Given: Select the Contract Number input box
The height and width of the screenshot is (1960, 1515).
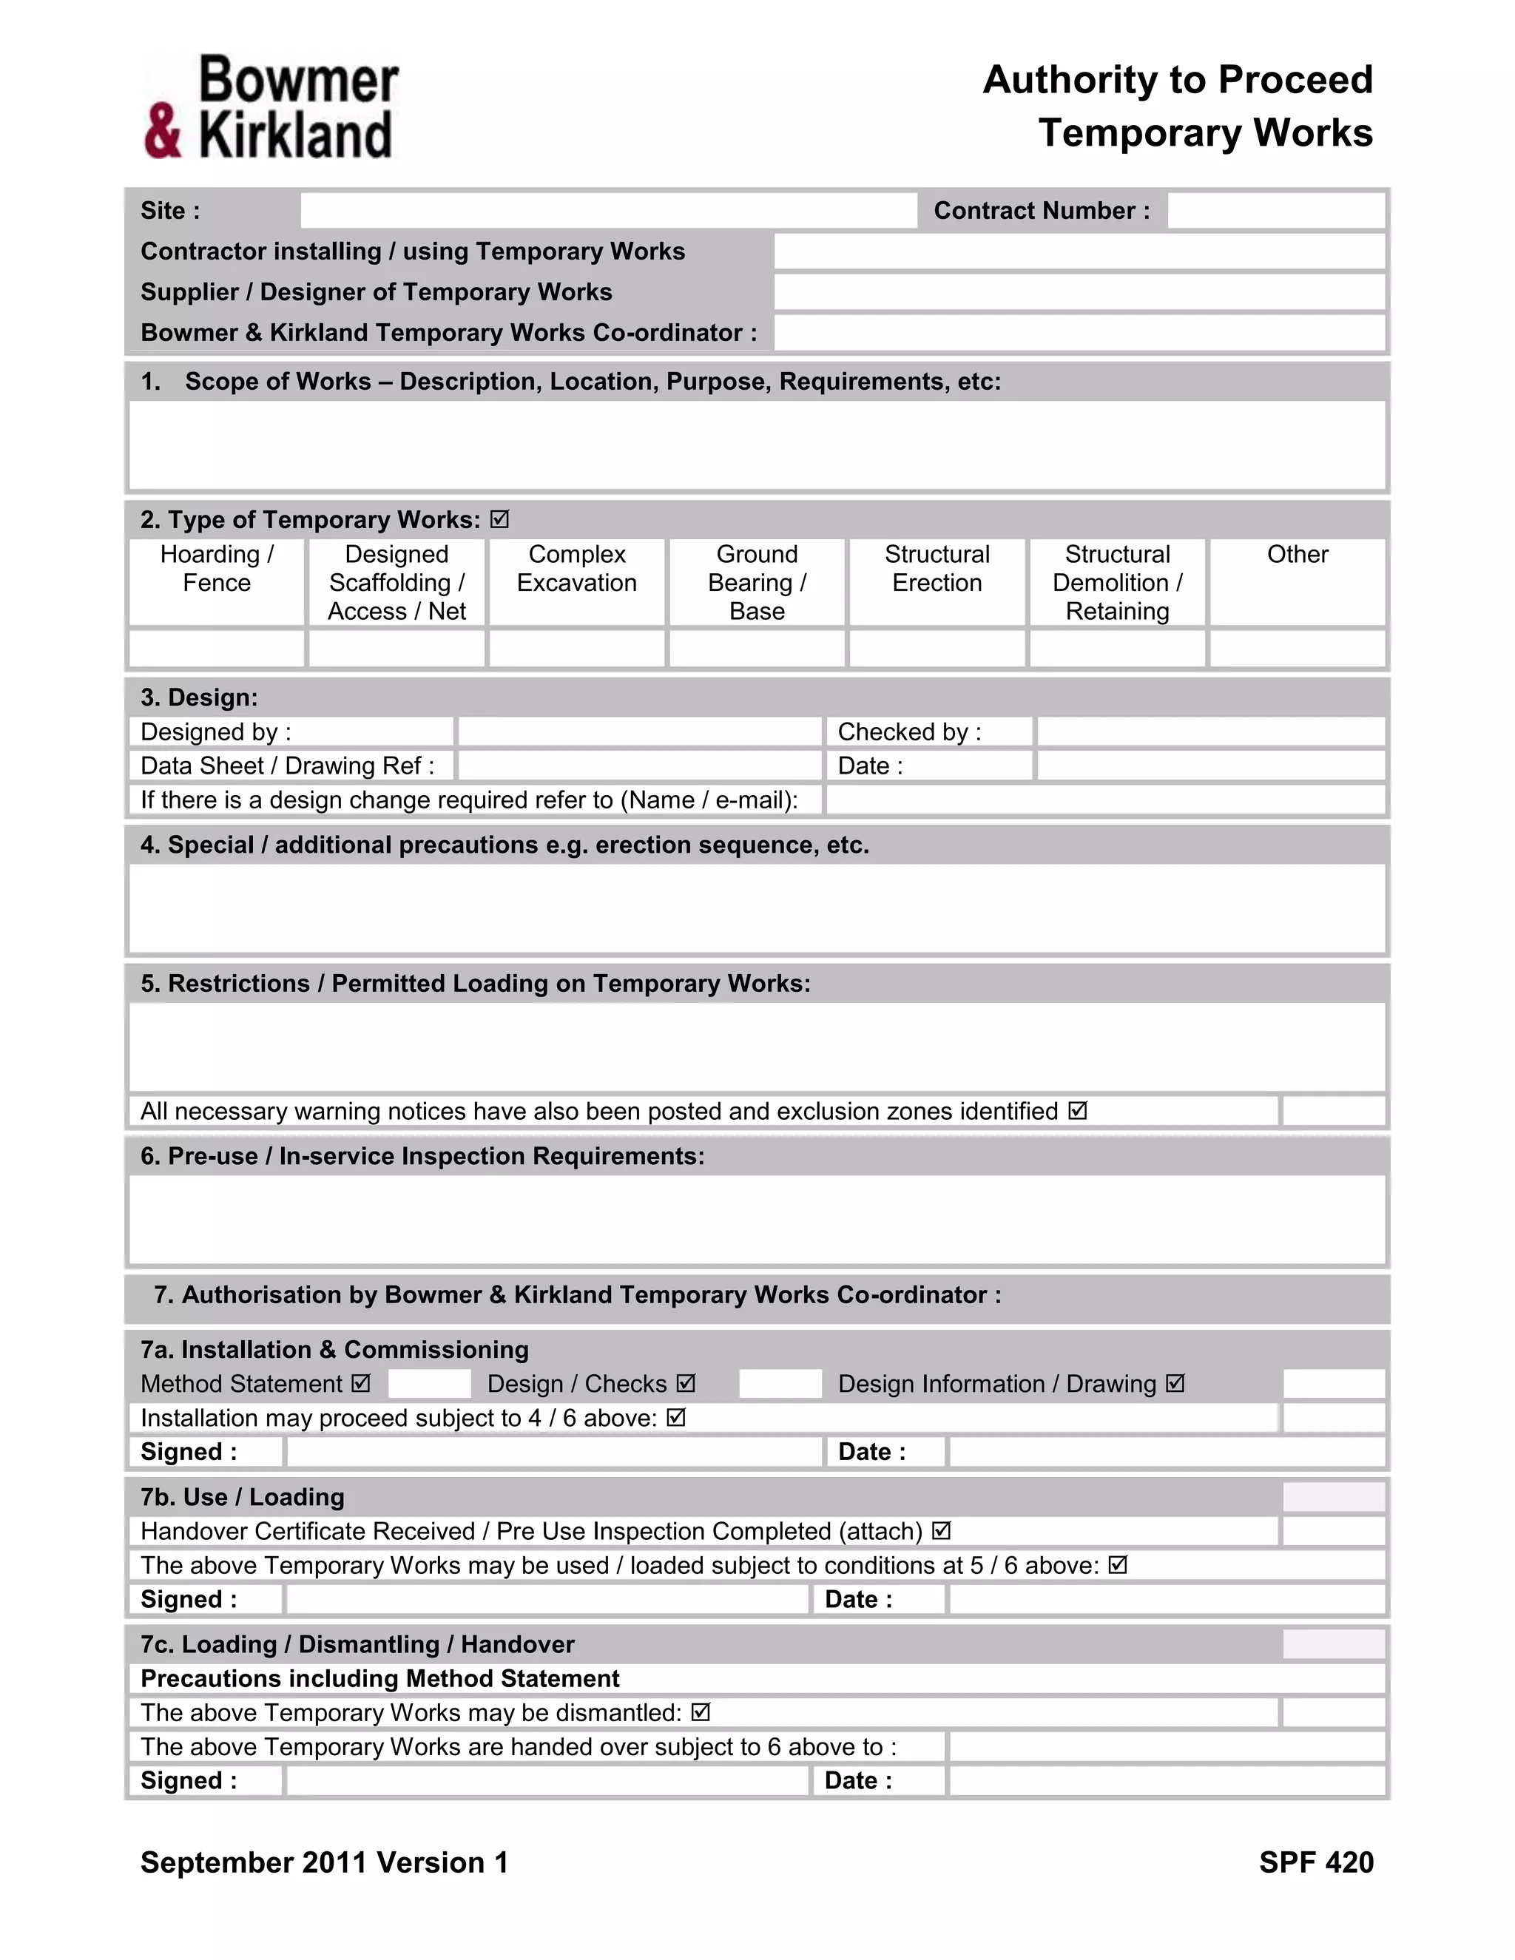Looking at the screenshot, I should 1275,211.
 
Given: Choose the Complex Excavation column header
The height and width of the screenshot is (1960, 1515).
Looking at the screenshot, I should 576,569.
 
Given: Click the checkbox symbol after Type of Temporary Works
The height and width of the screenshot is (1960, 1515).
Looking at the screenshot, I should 500,520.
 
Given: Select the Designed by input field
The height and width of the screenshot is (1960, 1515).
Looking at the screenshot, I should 639,732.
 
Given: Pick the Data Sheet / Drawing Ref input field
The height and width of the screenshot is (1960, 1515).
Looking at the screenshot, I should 639,766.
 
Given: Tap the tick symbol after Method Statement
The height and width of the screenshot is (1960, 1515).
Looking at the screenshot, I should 361,1383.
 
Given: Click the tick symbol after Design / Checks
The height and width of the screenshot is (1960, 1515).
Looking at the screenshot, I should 686,1383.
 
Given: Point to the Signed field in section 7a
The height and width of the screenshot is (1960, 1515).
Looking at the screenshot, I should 553,1451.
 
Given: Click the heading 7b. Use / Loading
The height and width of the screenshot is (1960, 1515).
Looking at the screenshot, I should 243,1497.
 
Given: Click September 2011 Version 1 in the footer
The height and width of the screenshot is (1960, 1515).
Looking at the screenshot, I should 324,1863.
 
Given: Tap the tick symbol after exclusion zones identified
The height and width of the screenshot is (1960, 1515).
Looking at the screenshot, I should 1078,1111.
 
